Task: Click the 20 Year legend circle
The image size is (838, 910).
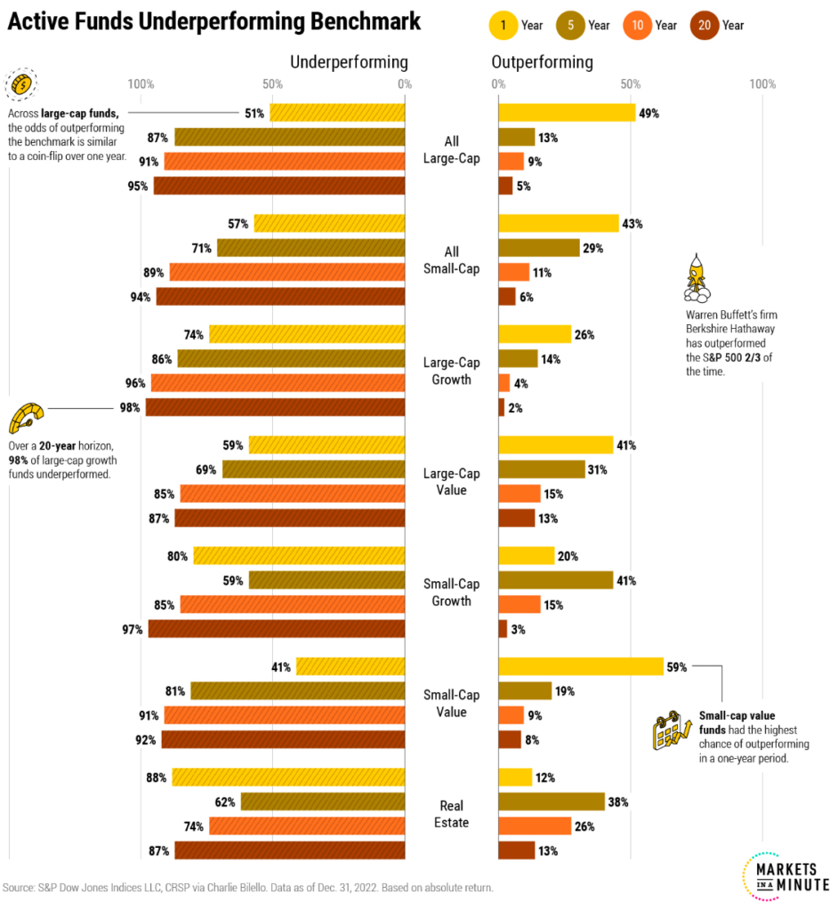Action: click(x=705, y=25)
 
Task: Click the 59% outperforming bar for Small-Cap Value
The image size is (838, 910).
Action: click(x=581, y=667)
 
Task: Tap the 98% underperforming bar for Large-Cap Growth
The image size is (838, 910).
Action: click(x=275, y=407)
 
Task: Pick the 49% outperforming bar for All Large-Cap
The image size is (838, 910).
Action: click(x=567, y=113)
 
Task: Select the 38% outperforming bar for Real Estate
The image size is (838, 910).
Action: click(x=552, y=802)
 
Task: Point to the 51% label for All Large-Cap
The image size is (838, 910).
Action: click(x=254, y=113)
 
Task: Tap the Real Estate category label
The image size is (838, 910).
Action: click(x=451, y=813)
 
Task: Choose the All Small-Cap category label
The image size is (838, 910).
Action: click(x=451, y=260)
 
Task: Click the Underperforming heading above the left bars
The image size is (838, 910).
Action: click(x=349, y=62)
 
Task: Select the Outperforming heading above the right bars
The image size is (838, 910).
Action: click(x=542, y=62)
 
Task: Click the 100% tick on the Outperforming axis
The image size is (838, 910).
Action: click(x=762, y=84)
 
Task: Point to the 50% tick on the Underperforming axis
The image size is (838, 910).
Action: click(x=272, y=84)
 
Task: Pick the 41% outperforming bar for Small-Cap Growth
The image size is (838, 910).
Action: click(x=555, y=580)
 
